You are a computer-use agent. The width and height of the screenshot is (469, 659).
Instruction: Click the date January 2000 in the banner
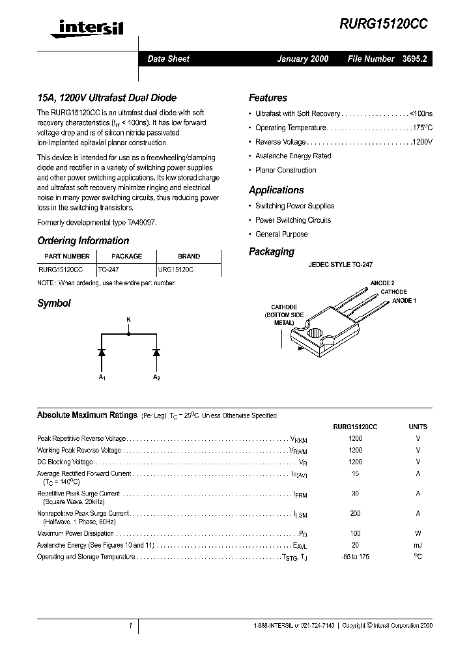tap(302, 59)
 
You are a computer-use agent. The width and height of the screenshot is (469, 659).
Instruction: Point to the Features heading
tap(268, 98)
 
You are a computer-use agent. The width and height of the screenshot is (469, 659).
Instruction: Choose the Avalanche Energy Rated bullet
tap(292, 156)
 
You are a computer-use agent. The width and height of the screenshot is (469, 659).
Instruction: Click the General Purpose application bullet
tap(281, 234)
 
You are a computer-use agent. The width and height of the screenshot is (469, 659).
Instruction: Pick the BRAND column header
tap(189, 256)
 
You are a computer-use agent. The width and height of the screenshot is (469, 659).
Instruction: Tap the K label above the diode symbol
tap(128, 319)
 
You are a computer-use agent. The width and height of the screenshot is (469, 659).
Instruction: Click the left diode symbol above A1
tap(102, 352)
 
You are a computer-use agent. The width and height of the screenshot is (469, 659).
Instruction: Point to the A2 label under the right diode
tap(156, 378)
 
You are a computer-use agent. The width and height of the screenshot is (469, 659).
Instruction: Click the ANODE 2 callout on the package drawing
tap(382, 283)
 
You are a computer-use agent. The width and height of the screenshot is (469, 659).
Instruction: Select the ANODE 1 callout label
tap(404, 300)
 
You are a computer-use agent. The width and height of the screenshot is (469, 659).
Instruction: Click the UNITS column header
tap(418, 427)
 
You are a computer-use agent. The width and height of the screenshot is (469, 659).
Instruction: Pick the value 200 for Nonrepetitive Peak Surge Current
tap(355, 514)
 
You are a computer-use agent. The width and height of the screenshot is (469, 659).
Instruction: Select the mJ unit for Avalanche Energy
tap(418, 545)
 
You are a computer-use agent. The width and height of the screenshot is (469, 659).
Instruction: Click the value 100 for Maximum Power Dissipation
tap(355, 533)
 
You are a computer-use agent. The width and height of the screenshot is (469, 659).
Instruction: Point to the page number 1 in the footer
tap(130, 626)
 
